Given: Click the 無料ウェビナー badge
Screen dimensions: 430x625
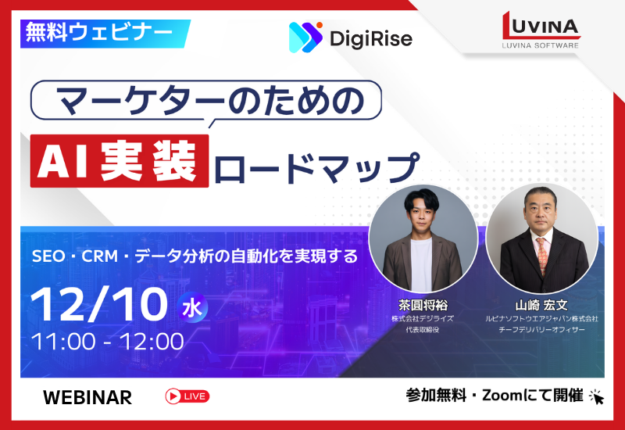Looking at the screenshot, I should pos(99,33).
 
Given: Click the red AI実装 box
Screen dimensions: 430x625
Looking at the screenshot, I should pos(120,161).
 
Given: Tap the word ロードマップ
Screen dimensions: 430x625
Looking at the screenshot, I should pos(315,166).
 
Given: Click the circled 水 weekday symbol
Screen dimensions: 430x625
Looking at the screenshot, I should pos(191,306).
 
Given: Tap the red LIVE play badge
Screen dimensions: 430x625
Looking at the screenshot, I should pos(187,396).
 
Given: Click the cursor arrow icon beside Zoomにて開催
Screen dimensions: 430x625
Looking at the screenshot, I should pos(597,396).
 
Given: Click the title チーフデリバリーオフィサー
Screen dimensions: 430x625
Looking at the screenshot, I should pos(541,330).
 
